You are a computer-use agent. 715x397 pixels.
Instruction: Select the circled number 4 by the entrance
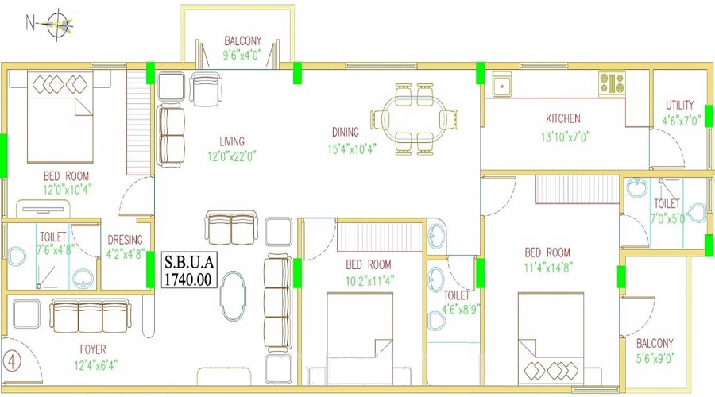click(x=12, y=361)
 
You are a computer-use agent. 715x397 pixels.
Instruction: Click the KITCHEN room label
click(x=563, y=118)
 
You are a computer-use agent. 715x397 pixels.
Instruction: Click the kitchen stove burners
click(x=612, y=84)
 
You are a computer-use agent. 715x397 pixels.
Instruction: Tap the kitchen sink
click(x=501, y=84)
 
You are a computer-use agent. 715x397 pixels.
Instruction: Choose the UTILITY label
click(x=679, y=106)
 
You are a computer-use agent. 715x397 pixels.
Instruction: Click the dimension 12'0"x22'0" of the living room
click(x=232, y=156)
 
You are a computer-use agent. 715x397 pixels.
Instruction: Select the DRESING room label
click(x=125, y=240)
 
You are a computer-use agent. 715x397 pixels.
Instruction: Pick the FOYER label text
click(x=93, y=349)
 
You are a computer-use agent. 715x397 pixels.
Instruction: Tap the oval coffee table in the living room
click(x=234, y=297)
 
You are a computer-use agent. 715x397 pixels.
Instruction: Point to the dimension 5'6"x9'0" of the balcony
click(x=655, y=358)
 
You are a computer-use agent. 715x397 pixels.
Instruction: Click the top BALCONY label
click(x=242, y=41)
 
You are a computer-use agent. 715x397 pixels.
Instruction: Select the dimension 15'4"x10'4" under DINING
click(x=352, y=149)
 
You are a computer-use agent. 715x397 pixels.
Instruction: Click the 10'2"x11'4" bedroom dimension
click(x=369, y=280)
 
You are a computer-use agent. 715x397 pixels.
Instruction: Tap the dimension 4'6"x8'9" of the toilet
click(x=461, y=310)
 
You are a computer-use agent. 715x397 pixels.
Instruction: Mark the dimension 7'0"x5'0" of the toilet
click(x=668, y=218)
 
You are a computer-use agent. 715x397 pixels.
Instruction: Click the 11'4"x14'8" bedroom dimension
click(x=548, y=267)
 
